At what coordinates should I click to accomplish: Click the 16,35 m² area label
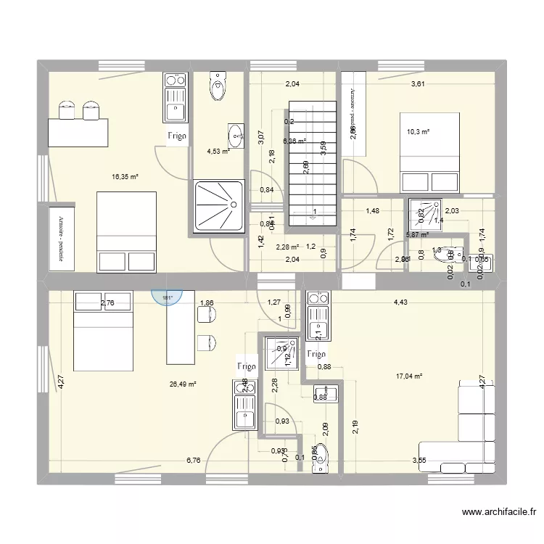[125, 176]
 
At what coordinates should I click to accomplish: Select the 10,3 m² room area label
[418, 132]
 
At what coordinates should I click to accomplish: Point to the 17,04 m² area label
[409, 376]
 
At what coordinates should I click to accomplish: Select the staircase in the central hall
[313, 162]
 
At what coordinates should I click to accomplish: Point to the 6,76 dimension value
[193, 460]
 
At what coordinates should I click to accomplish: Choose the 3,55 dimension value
[419, 460]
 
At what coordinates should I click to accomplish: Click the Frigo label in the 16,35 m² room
[178, 136]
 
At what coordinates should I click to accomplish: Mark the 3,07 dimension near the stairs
[262, 136]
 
